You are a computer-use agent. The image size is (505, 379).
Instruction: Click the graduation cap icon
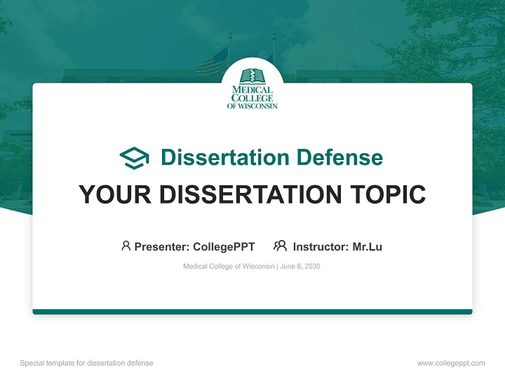pos(134,158)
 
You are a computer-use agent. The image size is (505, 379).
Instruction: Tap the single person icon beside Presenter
pos(126,245)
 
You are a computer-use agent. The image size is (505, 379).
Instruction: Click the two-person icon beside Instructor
pos(280,245)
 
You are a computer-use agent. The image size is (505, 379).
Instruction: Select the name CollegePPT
pos(224,246)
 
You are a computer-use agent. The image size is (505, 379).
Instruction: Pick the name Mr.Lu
pos(367,246)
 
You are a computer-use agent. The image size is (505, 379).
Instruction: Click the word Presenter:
pos(162,246)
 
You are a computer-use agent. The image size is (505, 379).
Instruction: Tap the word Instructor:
pos(321,246)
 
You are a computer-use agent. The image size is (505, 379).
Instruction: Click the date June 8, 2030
pos(300,266)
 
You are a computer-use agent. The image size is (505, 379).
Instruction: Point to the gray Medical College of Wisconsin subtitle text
pos(228,266)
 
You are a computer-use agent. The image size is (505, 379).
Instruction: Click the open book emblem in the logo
pos(252,77)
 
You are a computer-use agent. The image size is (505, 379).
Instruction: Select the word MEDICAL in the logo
pos(252,90)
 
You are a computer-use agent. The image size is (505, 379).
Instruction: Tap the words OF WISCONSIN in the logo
pos(252,106)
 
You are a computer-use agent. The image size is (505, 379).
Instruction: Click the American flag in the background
pos(212,62)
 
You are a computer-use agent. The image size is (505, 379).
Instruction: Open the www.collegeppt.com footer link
pos(451,363)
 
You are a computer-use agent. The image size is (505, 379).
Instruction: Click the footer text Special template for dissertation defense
pos(87,363)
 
